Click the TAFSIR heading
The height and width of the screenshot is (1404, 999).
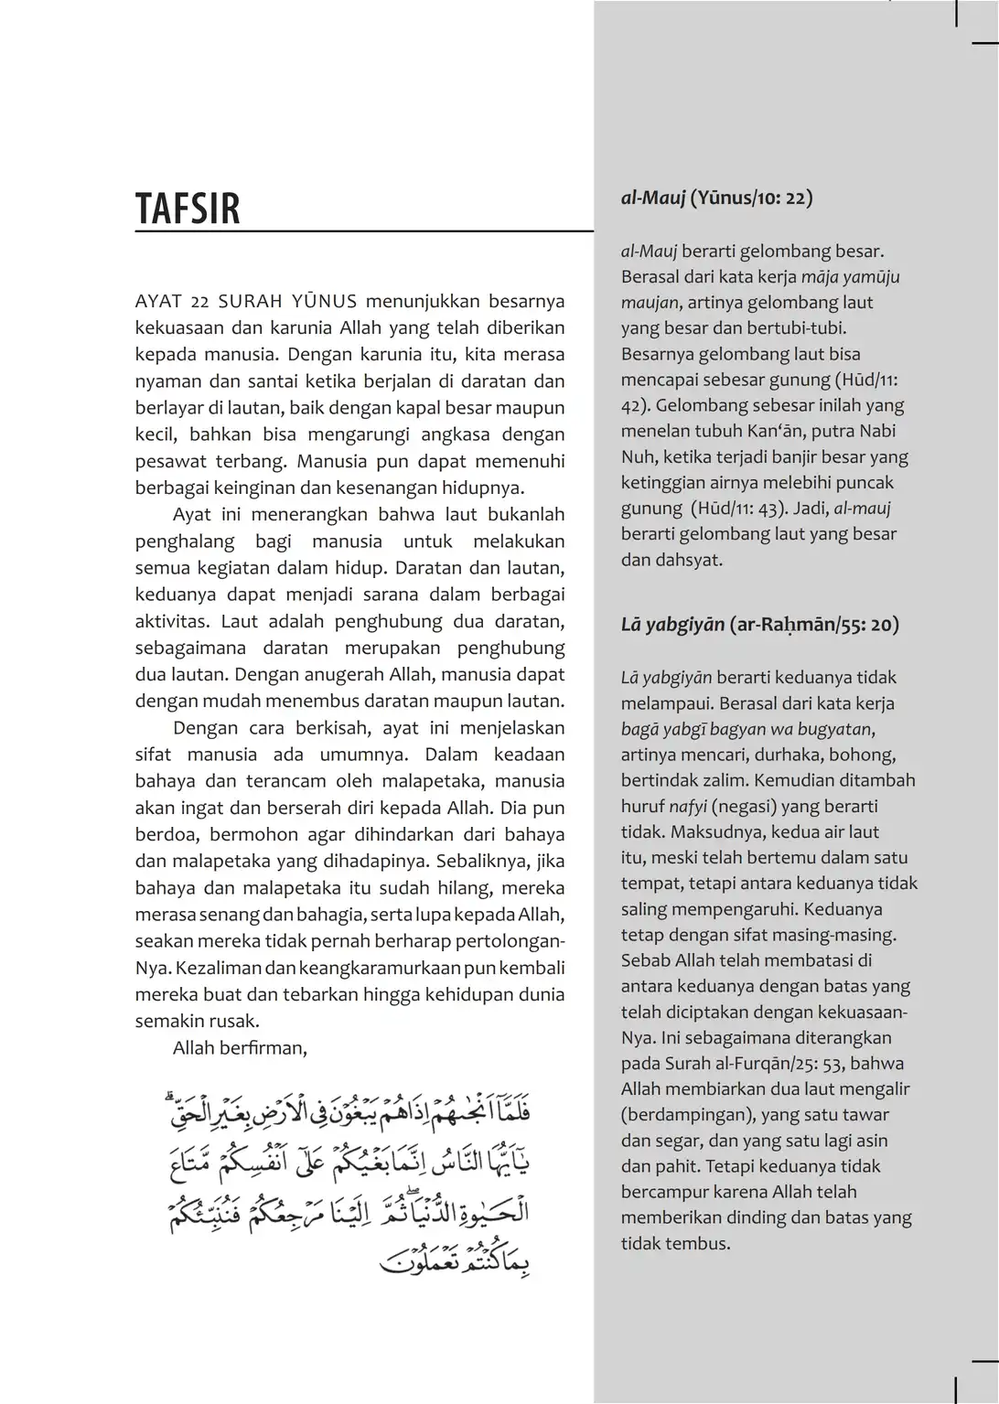[188, 209]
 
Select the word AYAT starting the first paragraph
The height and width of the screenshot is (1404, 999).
[158, 302]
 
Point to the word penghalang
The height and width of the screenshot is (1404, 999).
[185, 541]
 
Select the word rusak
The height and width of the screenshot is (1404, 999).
[237, 1021]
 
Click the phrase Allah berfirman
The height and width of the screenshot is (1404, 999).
[240, 1048]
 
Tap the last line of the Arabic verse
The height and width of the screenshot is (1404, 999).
[455, 1262]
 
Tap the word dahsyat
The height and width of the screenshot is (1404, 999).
[688, 560]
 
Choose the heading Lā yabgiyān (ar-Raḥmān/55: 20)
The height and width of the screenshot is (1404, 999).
[759, 625]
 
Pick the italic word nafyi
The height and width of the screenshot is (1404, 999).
[687, 807]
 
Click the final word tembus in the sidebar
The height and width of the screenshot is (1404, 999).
[700, 1243]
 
